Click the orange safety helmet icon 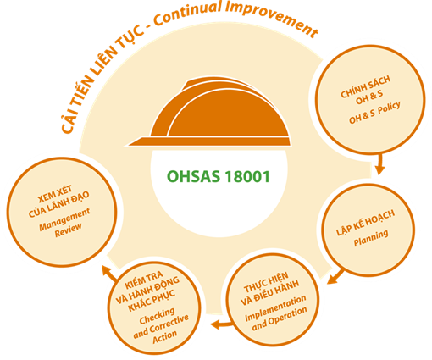click(x=209, y=113)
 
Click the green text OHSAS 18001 click(x=219, y=177)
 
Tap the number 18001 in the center click(x=247, y=177)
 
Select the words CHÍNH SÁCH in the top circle click(x=365, y=86)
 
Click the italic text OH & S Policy click(x=374, y=113)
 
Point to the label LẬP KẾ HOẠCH click(x=365, y=223)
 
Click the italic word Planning click(x=371, y=238)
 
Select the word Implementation click(x=275, y=308)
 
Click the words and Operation click(x=280, y=319)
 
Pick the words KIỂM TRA click(x=143, y=280)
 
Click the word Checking click(x=157, y=316)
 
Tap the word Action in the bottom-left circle click(x=165, y=337)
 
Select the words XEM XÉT click(x=55, y=194)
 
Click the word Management click(x=64, y=219)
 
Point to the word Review click(x=68, y=230)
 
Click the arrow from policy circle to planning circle click(x=380, y=163)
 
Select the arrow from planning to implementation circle click(x=336, y=276)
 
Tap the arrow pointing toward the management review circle click(x=109, y=273)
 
